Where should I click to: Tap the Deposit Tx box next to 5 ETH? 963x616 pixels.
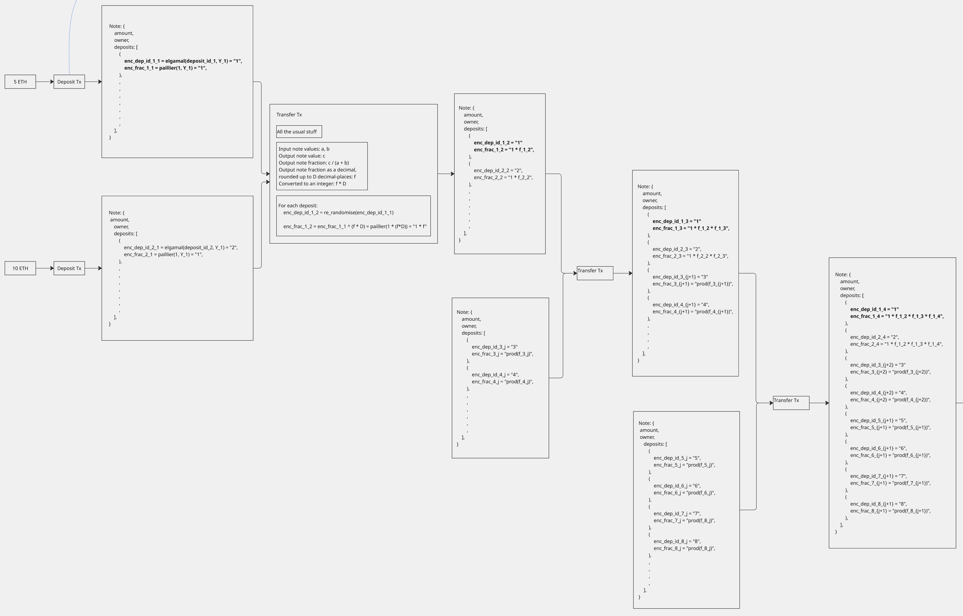[x=69, y=82]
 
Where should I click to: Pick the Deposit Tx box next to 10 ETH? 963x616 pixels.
[x=69, y=268]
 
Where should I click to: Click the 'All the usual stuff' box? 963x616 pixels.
[x=299, y=132]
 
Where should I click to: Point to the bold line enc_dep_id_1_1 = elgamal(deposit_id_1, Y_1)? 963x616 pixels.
[x=183, y=61]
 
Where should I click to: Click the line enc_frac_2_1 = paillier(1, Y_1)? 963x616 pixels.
[x=163, y=254]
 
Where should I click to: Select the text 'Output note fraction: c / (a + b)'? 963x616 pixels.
[x=314, y=163]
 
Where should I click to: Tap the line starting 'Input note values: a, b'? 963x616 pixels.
[x=304, y=149]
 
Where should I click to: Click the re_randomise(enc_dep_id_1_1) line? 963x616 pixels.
[x=338, y=212]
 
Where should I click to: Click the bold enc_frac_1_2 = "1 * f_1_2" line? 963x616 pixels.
[x=504, y=150]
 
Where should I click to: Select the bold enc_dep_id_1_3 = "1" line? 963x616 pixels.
[x=677, y=221]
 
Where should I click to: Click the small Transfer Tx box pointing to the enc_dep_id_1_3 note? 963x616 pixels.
[x=595, y=273]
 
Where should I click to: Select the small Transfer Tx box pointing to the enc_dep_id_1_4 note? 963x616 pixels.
[x=791, y=403]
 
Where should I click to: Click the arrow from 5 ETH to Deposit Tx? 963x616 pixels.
[x=45, y=82]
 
